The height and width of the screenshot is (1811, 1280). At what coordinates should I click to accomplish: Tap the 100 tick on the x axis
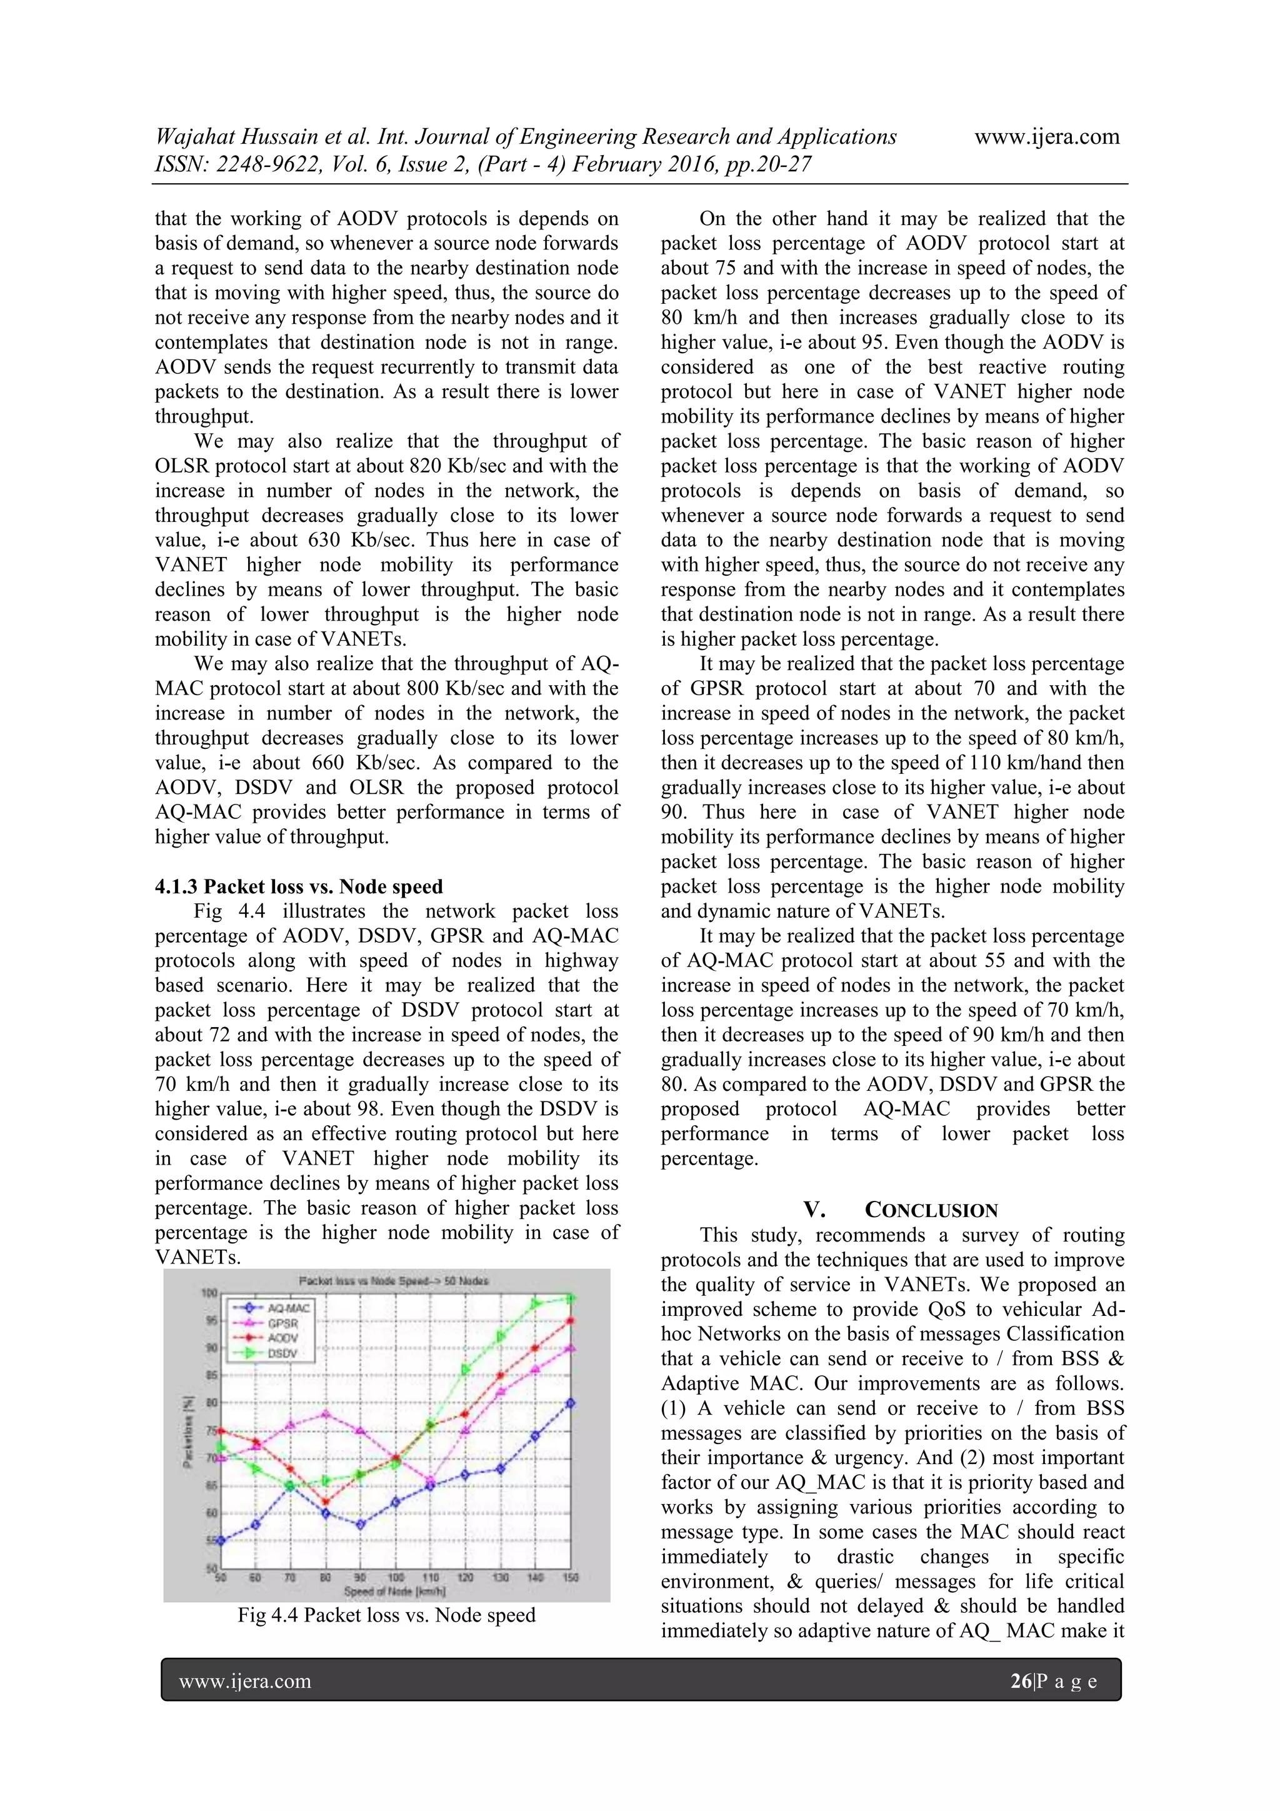coord(396,1578)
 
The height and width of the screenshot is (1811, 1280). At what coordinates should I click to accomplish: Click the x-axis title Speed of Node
coord(394,1591)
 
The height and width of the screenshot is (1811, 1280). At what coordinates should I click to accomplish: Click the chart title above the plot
coord(394,1281)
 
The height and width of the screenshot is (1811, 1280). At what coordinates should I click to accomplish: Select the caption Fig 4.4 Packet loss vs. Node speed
coord(386,1615)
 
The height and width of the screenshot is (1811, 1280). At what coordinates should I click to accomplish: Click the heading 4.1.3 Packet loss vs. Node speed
coord(298,886)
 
